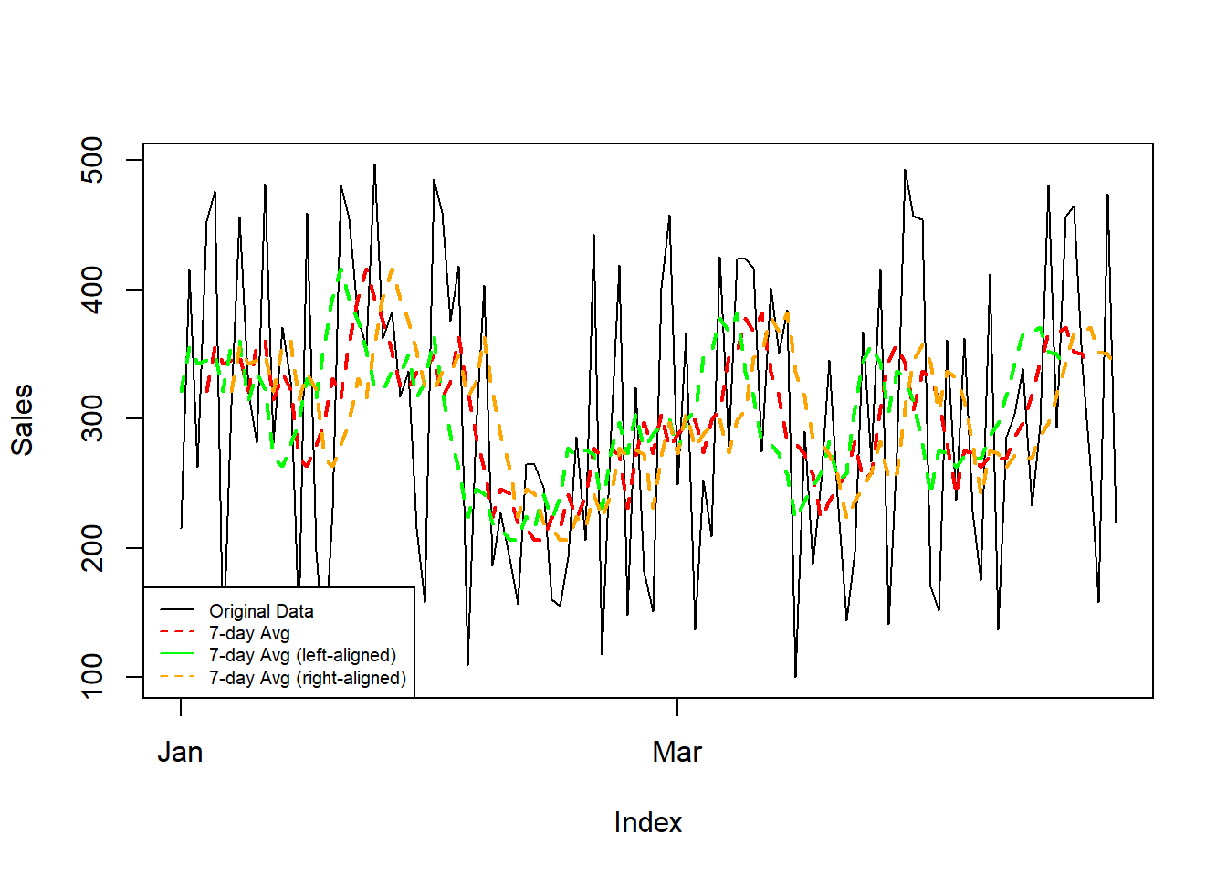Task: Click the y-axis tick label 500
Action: click(92, 160)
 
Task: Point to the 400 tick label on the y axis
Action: click(92, 290)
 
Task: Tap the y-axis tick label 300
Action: click(92, 418)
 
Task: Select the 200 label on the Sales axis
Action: click(92, 548)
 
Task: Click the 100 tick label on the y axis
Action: click(92, 677)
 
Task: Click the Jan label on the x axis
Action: click(180, 752)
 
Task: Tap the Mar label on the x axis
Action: click(676, 752)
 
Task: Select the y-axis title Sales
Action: click(22, 419)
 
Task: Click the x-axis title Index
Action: click(647, 822)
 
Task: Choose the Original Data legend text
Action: click(261, 611)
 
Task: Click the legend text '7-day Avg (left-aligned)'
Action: click(302, 655)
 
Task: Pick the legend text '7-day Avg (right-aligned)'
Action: click(307, 678)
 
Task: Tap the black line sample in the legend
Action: click(177, 610)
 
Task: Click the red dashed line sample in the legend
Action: click(177, 632)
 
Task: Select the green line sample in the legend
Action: click(177, 654)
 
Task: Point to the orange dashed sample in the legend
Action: click(177, 677)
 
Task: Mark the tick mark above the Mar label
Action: click(677, 706)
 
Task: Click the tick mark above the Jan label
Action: click(181, 706)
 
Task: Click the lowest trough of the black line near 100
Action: click(795, 677)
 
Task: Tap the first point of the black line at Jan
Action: click(181, 528)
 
